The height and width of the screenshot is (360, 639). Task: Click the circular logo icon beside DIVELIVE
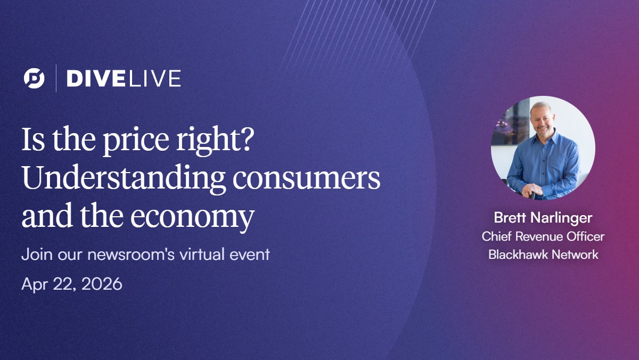coord(34,78)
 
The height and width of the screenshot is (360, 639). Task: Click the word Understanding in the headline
coord(124,180)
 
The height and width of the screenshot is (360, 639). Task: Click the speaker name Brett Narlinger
coord(543,218)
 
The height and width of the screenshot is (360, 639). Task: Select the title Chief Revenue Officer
coord(543,236)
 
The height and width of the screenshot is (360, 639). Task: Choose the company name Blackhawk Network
coord(543,255)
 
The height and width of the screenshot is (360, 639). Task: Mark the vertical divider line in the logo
coord(56,78)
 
